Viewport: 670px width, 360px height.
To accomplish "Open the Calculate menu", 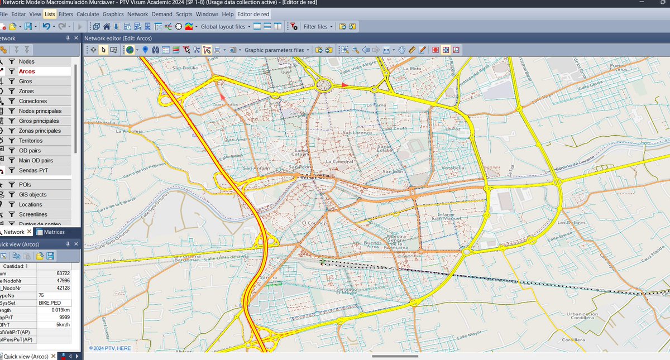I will pyautogui.click(x=88, y=13).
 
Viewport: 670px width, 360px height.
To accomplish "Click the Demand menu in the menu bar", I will pyautogui.click(x=162, y=13).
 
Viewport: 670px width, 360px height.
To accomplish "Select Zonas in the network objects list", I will pyautogui.click(x=26, y=91).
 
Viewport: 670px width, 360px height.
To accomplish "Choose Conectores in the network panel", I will pyautogui.click(x=33, y=101).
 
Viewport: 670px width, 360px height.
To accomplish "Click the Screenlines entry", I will pyautogui.click(x=33, y=214).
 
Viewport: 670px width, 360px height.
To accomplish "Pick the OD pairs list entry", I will pyautogui.click(x=30, y=151).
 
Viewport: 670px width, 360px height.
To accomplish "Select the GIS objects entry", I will pyautogui.click(x=33, y=194).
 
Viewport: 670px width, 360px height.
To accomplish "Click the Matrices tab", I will pyautogui.click(x=54, y=232).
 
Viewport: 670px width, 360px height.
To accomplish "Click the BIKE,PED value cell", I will pyautogui.click(x=50, y=303).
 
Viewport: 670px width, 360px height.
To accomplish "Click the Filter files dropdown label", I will pyautogui.click(x=315, y=26).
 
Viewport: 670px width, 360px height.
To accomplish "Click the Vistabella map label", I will pyautogui.click(x=453, y=167).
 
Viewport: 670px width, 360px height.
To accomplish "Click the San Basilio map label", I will pyautogui.click(x=185, y=68).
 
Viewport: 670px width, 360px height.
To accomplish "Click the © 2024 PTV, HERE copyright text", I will pyautogui.click(x=110, y=348).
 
